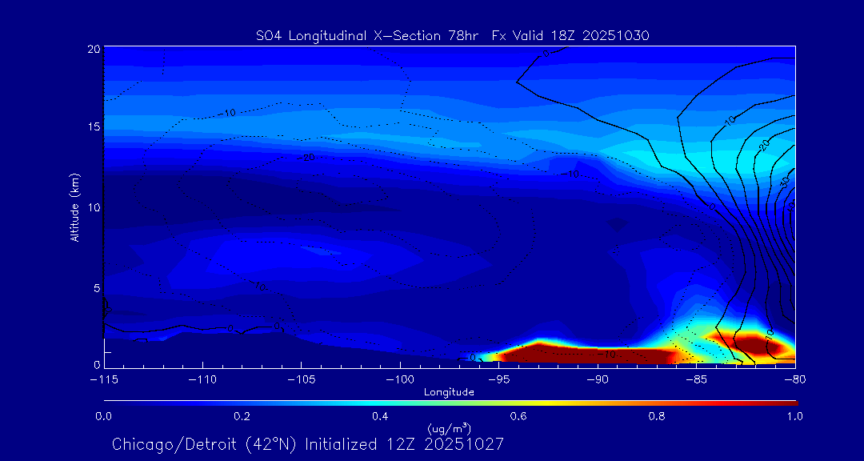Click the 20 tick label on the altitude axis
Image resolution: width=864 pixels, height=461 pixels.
93,49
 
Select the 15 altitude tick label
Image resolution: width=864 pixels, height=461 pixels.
93,127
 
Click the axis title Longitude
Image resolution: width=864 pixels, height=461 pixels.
449,392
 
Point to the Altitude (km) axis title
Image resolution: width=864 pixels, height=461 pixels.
75,207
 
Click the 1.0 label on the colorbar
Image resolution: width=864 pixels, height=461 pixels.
794,416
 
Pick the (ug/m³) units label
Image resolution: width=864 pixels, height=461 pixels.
449,430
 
